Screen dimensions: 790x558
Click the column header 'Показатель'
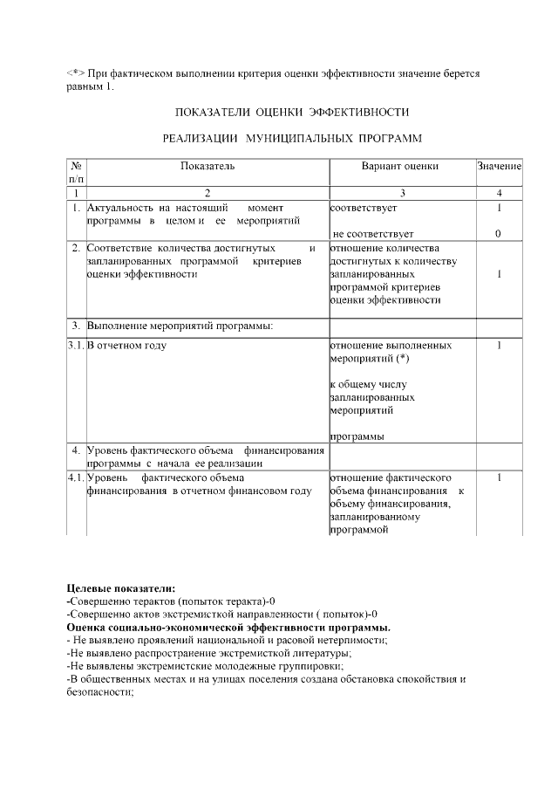(x=208, y=165)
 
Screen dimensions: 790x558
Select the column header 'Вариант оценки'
(x=400, y=165)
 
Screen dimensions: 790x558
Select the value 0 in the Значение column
(x=498, y=234)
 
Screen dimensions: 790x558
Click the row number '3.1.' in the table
(x=76, y=346)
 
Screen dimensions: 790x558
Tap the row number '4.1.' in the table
(x=76, y=478)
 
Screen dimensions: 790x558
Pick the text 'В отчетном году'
(x=127, y=346)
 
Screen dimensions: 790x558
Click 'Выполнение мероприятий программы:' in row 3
(x=180, y=326)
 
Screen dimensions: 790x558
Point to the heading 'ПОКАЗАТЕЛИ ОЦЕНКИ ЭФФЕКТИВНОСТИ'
(x=292, y=113)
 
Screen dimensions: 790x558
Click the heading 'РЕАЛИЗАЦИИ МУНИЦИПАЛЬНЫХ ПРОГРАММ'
(x=292, y=139)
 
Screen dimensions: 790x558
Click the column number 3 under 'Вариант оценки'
(x=402, y=193)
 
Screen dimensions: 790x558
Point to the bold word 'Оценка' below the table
(x=87, y=627)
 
